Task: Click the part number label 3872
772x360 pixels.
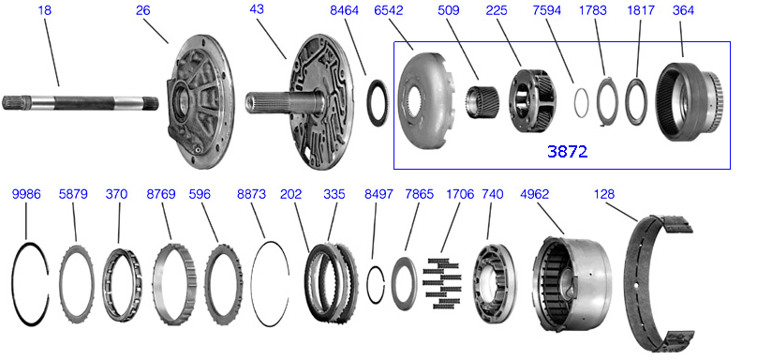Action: point(567,151)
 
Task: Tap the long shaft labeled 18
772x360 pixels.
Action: point(81,103)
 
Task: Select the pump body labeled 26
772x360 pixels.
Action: point(200,101)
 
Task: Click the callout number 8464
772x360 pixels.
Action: point(344,10)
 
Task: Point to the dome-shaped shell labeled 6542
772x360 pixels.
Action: point(425,101)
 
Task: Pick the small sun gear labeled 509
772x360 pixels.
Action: point(482,101)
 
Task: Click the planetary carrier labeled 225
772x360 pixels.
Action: point(532,100)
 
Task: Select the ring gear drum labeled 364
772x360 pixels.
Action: point(690,102)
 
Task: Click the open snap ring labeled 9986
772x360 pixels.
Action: point(13,284)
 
